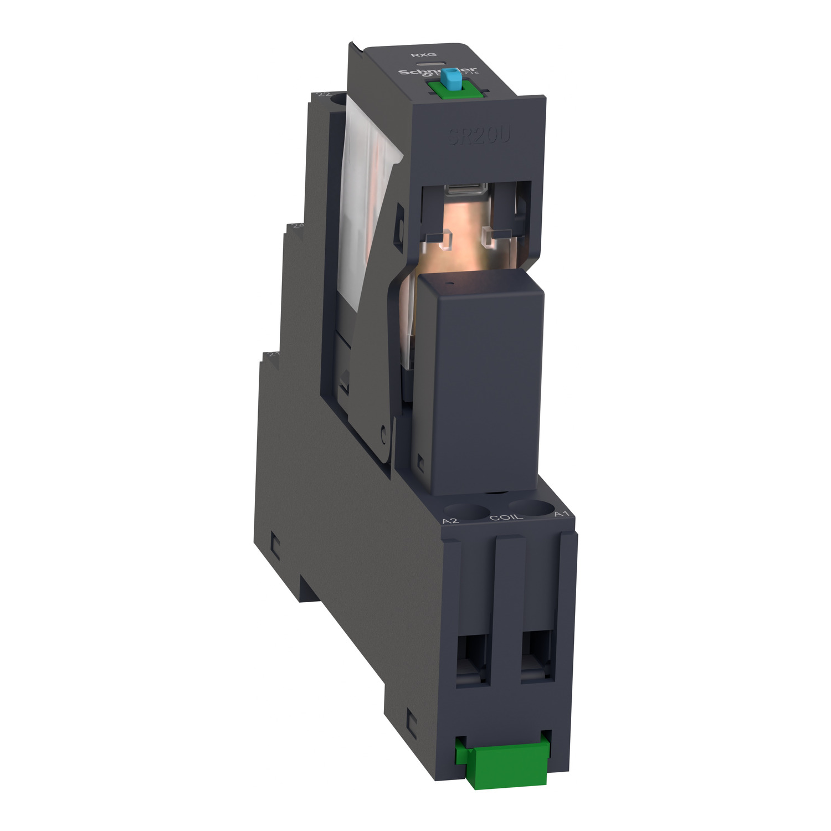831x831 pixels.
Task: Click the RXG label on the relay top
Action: (x=416, y=55)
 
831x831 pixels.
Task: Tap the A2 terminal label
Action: (x=451, y=521)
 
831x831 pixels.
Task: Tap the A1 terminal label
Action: (x=562, y=514)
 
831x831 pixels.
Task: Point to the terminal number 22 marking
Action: (x=322, y=95)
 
